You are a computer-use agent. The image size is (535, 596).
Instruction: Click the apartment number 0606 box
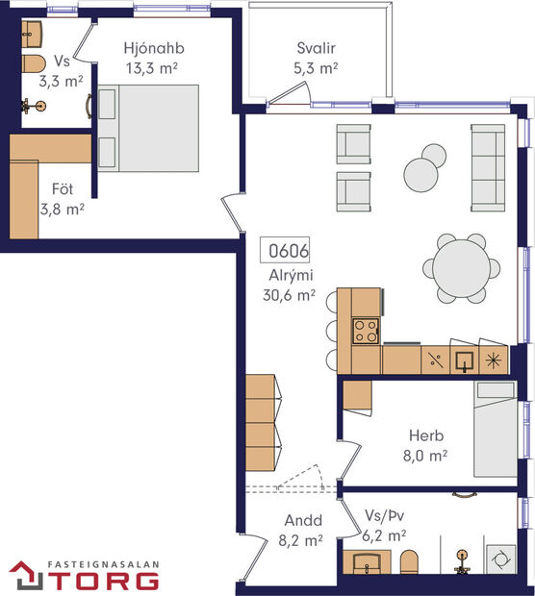(288, 252)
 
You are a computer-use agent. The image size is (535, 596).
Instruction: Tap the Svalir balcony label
(316, 47)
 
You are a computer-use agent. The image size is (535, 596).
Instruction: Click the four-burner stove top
(366, 331)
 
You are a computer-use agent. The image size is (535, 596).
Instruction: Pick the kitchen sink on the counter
(465, 360)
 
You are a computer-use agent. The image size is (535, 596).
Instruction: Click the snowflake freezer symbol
(493, 360)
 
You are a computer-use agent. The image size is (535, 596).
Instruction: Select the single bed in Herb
(497, 428)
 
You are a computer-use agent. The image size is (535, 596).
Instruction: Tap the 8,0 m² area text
(427, 456)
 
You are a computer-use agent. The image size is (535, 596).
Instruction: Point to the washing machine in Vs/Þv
(499, 559)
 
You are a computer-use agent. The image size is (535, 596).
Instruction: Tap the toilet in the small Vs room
(34, 64)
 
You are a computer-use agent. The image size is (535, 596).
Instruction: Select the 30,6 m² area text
(290, 296)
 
